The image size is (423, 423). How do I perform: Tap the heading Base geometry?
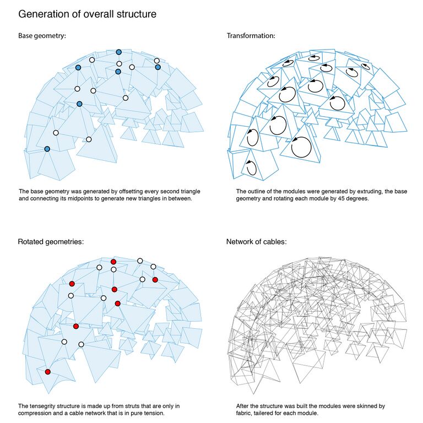42,36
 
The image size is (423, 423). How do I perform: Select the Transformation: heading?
251,36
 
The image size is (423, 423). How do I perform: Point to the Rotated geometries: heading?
51,242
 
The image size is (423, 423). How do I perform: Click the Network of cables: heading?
256,242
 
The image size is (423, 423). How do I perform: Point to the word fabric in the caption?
243,413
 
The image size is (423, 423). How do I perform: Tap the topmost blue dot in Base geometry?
119,52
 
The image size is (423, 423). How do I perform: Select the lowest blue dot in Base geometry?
47,149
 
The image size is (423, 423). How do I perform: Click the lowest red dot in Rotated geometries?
48,372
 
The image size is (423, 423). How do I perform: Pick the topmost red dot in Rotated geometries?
113,262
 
